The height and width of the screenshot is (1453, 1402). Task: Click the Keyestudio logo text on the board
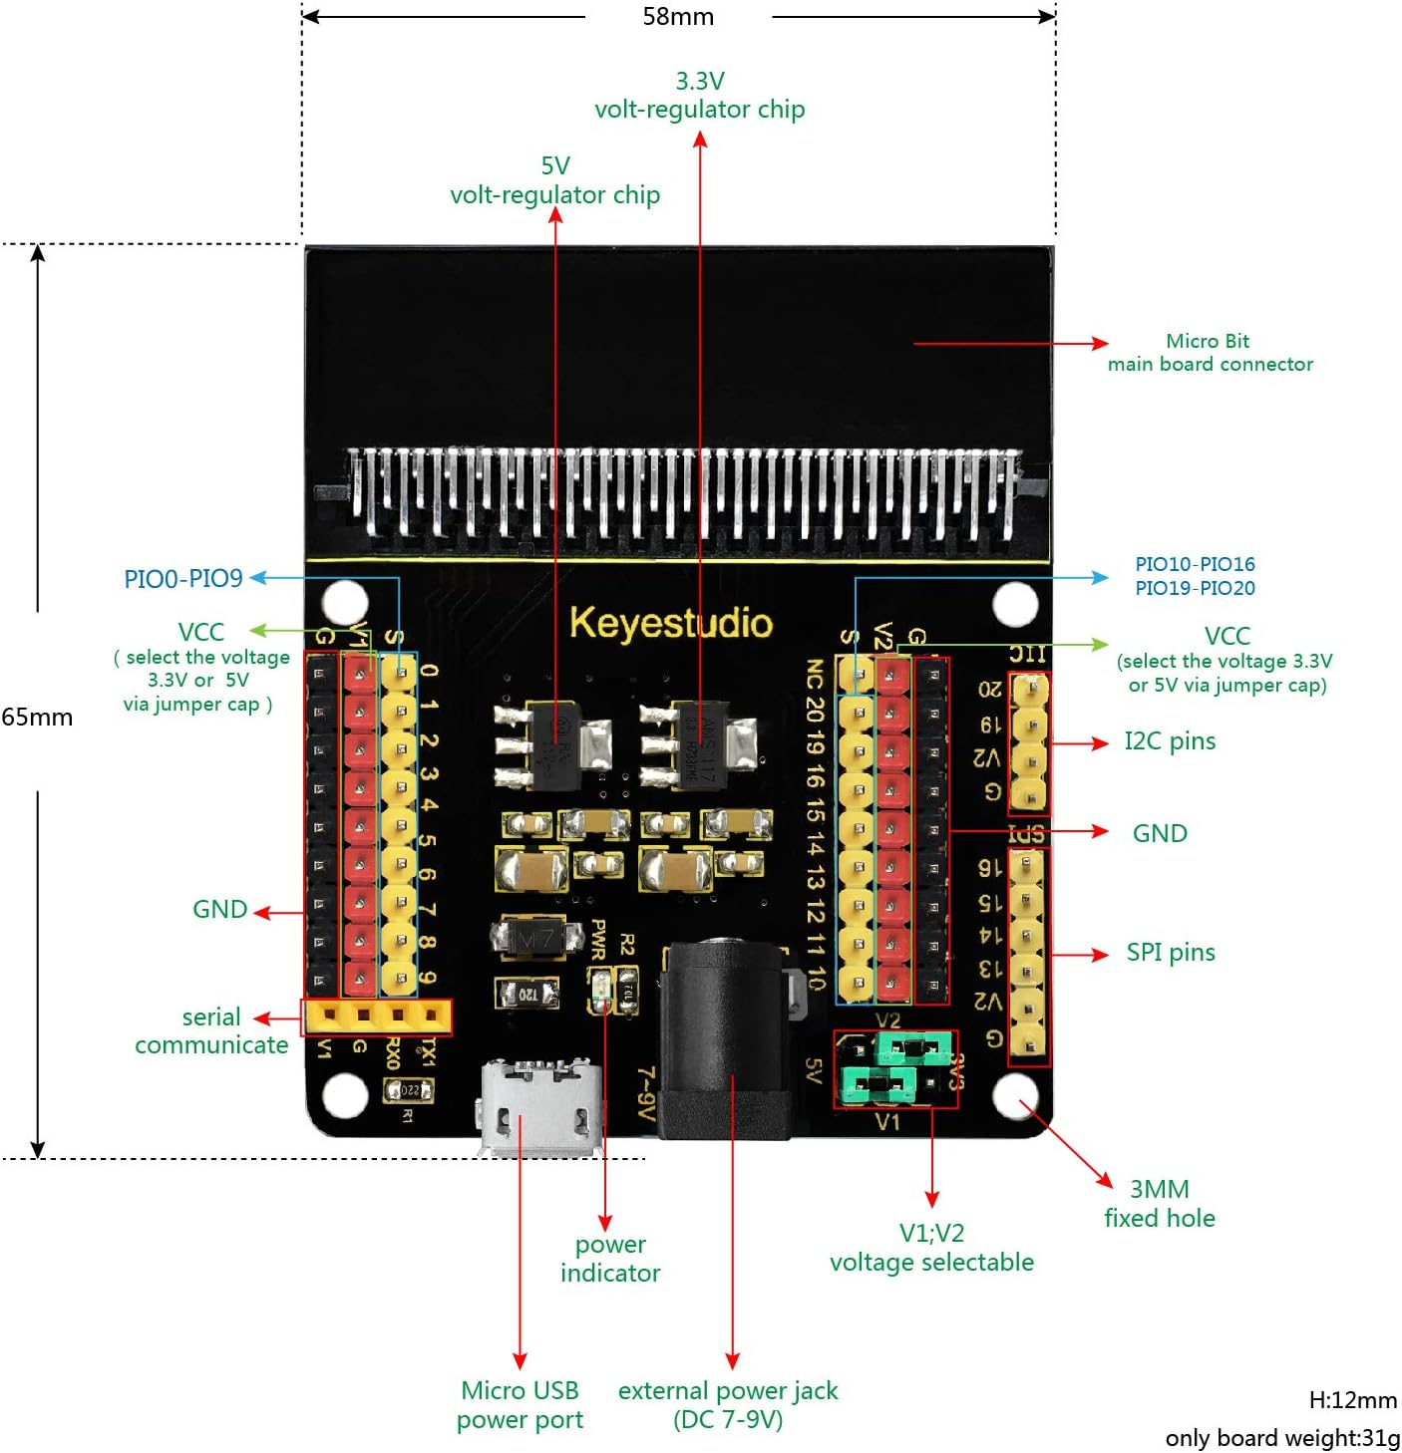coord(670,623)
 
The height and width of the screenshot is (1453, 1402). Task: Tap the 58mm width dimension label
coord(678,17)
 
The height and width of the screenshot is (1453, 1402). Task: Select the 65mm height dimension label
coord(37,717)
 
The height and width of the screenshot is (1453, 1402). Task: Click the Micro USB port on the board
coord(540,1108)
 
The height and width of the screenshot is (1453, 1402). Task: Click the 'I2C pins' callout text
coord(1170,741)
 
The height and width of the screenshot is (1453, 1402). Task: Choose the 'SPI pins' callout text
coord(1171,953)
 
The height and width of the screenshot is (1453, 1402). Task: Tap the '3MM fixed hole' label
coord(1160,1204)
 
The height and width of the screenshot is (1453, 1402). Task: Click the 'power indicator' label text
coord(610,1259)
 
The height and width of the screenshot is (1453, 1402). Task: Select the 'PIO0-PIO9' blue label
coord(183,579)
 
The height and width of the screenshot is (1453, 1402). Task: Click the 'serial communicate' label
coord(211,1031)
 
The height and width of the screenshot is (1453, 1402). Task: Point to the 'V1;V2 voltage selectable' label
coord(931,1248)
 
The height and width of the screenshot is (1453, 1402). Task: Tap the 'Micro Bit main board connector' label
coord(1210,353)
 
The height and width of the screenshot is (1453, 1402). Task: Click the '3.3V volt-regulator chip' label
coord(700,96)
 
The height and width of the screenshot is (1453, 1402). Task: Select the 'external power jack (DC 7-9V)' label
coord(728,1405)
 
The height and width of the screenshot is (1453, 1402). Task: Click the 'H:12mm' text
coord(1352,1400)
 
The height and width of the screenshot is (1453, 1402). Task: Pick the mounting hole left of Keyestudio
coord(345,602)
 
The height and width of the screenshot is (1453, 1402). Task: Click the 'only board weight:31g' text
coord(1282,1438)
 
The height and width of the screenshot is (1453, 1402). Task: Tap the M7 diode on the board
coord(536,938)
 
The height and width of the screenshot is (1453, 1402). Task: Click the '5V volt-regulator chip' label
coord(555,180)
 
